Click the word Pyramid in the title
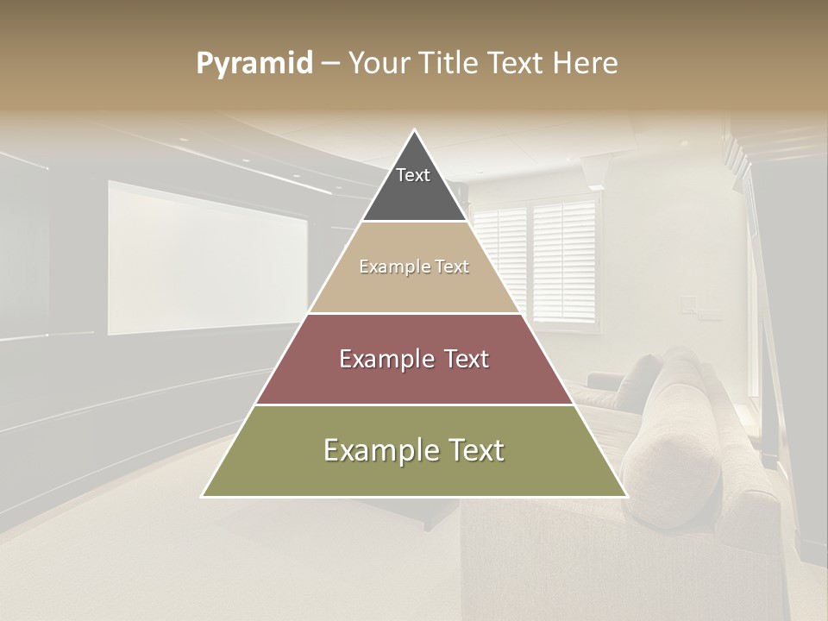click(x=254, y=64)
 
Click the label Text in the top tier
click(x=413, y=175)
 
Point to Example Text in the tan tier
click(x=414, y=267)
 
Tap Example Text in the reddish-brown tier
click(x=414, y=359)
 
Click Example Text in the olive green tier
click(x=414, y=450)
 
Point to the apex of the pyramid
click(x=415, y=130)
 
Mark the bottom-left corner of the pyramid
click(x=203, y=496)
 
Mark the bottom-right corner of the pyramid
click(x=626, y=496)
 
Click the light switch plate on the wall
click(x=688, y=304)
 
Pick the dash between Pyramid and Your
click(x=330, y=64)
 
